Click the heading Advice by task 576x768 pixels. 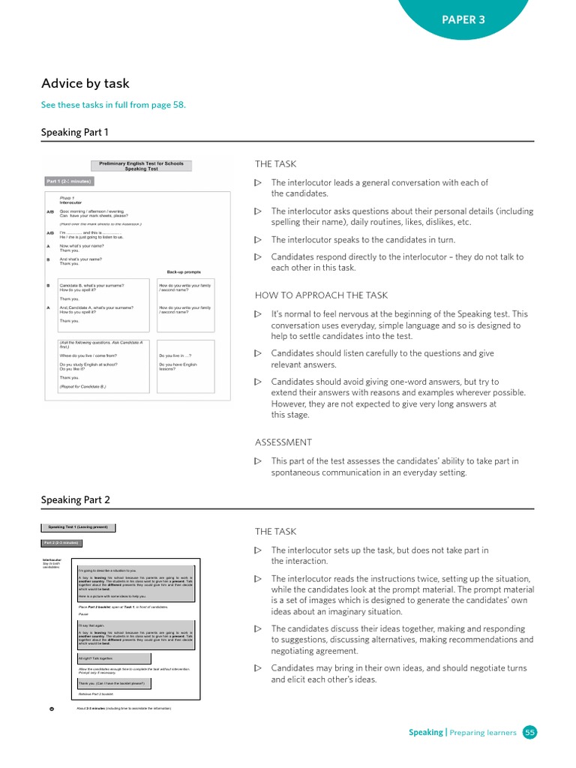[85, 83]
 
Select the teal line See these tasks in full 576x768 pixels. [112, 105]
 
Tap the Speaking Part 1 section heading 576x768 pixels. [75, 133]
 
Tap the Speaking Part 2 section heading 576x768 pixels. [75, 499]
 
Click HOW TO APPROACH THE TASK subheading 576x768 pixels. [321, 295]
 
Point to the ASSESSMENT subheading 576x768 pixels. [283, 442]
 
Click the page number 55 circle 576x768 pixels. [530, 732]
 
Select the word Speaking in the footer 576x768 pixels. [425, 732]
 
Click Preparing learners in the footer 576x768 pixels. [483, 732]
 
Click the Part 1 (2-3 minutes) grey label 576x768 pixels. [69, 181]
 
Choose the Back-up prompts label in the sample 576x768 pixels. [184, 271]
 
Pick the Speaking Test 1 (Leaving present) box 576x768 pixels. [78, 527]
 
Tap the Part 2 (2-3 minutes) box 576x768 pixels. [61, 543]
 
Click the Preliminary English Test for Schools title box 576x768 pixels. [141, 166]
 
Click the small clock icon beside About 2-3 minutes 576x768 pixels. [51, 708]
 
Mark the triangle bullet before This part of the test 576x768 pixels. [258, 461]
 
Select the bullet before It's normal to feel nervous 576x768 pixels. [258, 314]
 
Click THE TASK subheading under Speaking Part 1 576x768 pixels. [275, 164]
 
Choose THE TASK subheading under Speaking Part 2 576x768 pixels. [275, 532]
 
